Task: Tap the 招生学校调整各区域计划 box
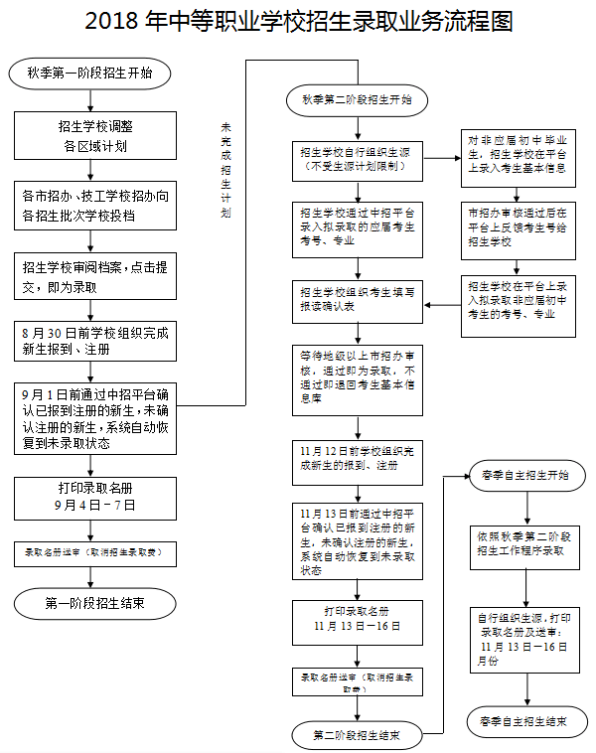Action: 95,136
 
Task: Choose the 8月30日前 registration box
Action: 95,340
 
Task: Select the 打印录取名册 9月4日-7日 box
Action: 95,498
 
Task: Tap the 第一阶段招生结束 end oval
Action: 96,602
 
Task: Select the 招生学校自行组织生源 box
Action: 356,162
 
